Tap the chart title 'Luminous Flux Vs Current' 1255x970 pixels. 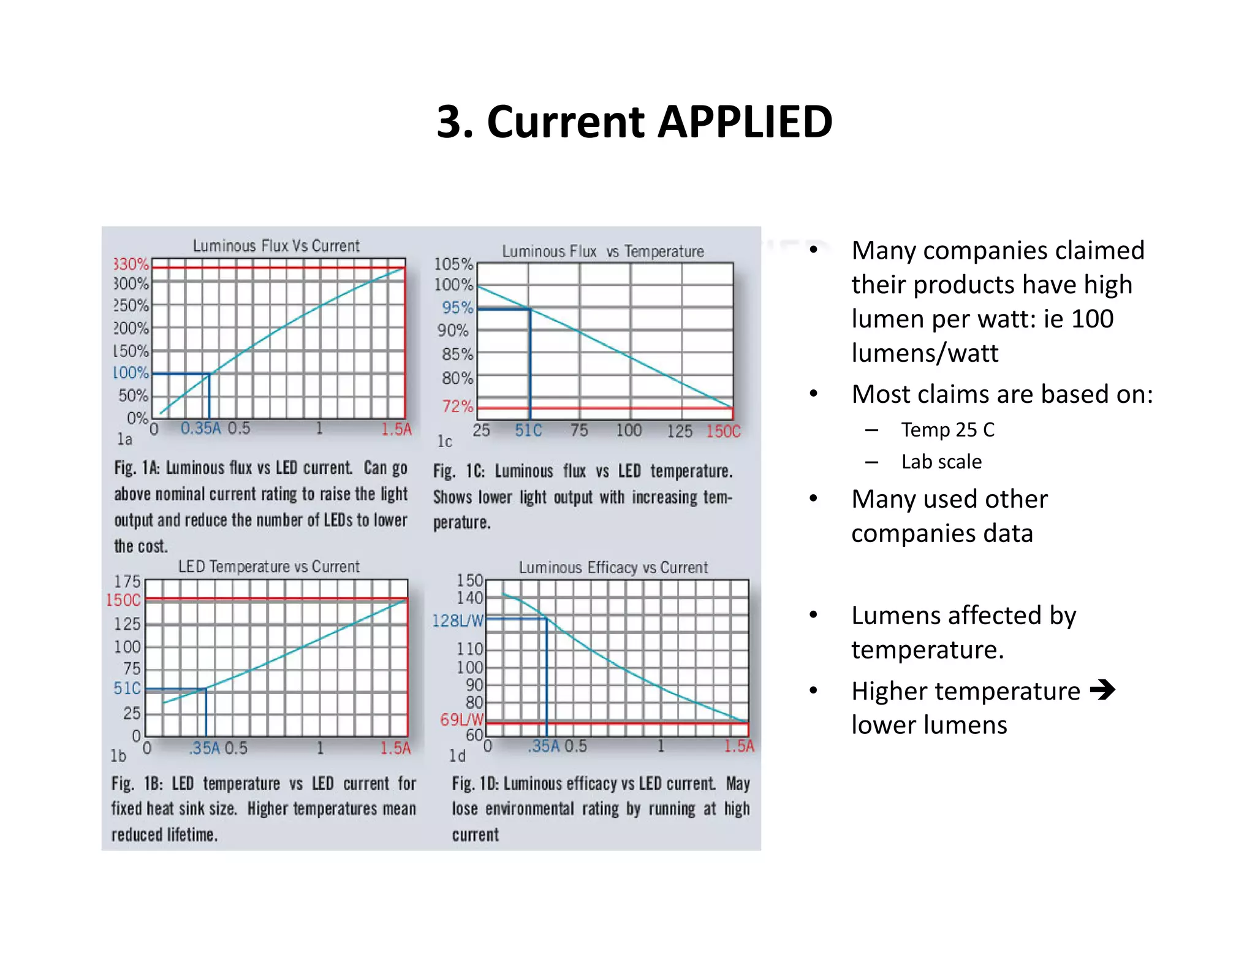276,246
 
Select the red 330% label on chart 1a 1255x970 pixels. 131,264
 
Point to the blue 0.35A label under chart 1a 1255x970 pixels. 200,428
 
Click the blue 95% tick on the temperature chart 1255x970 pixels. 457,307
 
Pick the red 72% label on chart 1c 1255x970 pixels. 457,406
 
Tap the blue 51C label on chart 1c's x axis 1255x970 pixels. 528,430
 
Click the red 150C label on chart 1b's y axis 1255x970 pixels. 123,600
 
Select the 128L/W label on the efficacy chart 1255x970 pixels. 458,621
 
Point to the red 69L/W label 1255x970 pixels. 461,719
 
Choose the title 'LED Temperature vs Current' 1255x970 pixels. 268,567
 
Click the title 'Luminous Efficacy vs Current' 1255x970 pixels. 613,568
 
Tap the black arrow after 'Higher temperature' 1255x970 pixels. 1102,690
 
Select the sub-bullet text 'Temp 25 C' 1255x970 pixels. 947,430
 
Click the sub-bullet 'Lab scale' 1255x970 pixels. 941,462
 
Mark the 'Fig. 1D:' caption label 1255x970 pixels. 476,784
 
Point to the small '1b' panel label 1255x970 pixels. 118,756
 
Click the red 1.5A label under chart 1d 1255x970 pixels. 738,746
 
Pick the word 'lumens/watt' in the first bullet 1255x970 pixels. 925,353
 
